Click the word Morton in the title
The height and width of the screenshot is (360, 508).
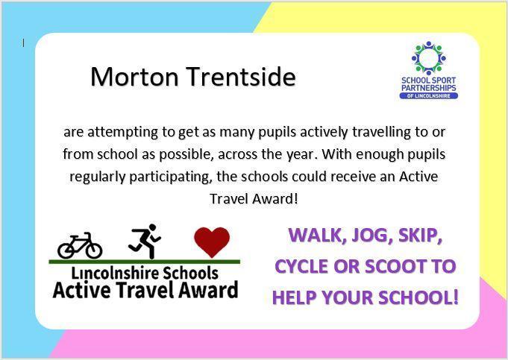134,77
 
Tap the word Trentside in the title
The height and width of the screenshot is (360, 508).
242,77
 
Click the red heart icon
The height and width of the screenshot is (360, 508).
212,242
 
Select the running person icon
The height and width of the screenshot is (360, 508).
145,241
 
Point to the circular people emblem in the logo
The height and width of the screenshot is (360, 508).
428,58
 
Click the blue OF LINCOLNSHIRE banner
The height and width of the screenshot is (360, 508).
429,96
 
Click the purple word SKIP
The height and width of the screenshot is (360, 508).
420,235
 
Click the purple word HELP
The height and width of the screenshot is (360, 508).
295,297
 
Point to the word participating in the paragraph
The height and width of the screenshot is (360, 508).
170,177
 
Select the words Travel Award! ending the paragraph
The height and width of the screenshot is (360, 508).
254,199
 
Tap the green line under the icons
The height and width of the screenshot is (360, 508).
145,262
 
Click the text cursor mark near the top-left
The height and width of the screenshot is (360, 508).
23,42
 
